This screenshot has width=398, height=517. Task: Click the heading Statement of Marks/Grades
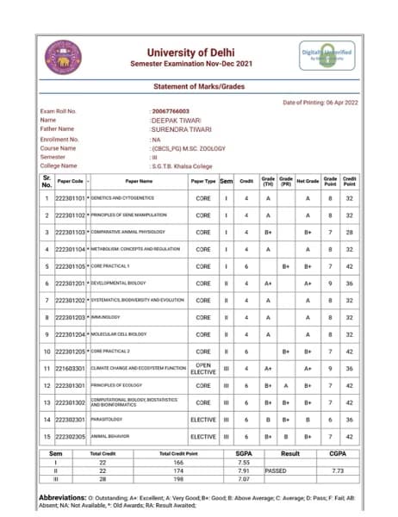[198, 88]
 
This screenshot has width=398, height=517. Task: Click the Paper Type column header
[203, 182]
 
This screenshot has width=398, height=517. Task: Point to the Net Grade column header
[308, 182]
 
